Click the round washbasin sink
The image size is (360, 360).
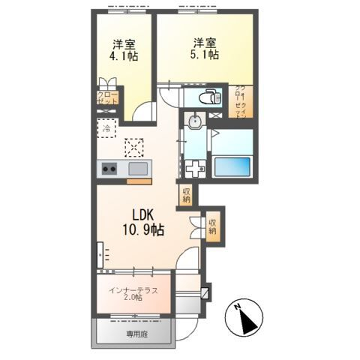pyautogui.click(x=195, y=122)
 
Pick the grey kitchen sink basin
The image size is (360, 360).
pyautogui.click(x=137, y=169)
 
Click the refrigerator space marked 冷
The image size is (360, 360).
pyautogui.click(x=106, y=129)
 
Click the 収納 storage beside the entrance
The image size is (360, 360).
pyautogui.click(x=213, y=226)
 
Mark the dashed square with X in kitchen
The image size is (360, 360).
pyautogui.click(x=134, y=147)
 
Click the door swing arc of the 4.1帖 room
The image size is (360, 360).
pyautogui.click(x=139, y=112)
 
